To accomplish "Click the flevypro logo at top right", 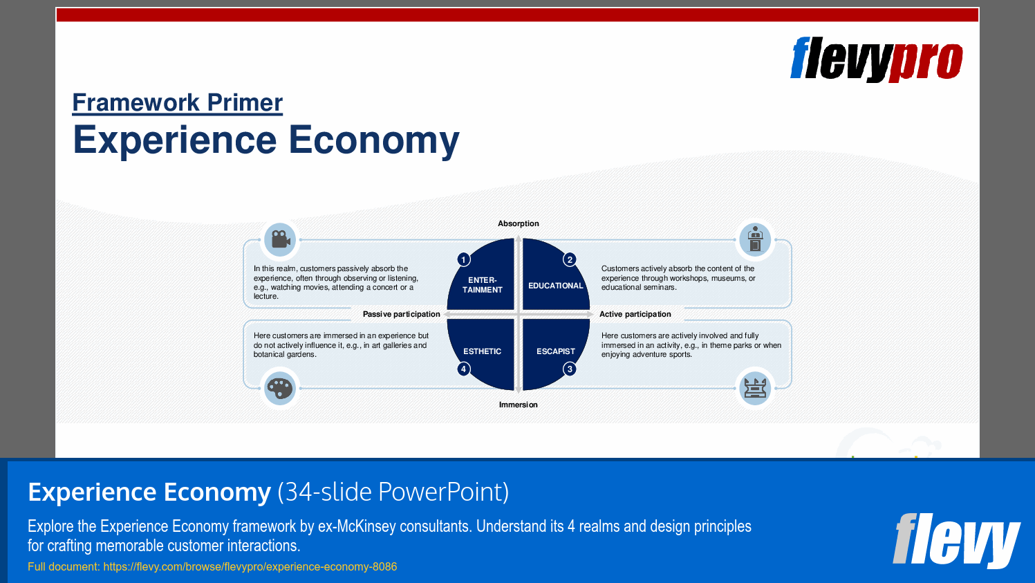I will point(876,59).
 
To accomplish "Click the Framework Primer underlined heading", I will point(178,102).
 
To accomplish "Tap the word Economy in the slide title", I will point(373,140).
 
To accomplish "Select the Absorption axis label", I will point(518,223).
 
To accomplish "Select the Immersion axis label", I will point(518,405).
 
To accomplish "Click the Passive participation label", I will point(401,314).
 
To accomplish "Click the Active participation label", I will point(635,314).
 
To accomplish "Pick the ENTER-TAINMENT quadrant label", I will point(482,285).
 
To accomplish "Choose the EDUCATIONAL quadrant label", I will point(555,286).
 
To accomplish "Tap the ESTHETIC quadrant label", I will point(482,351).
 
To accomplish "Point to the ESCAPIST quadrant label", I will point(555,351).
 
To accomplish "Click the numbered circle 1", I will point(464,259).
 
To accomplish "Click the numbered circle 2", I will point(570,259).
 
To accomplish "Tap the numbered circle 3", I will point(570,369).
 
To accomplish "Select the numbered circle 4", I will point(464,369).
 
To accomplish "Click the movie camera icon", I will point(280,239).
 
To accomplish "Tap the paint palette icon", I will point(280,388).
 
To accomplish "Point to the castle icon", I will point(755,388).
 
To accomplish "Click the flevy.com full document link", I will point(250,566).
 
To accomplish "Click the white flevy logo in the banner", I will point(955,540).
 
